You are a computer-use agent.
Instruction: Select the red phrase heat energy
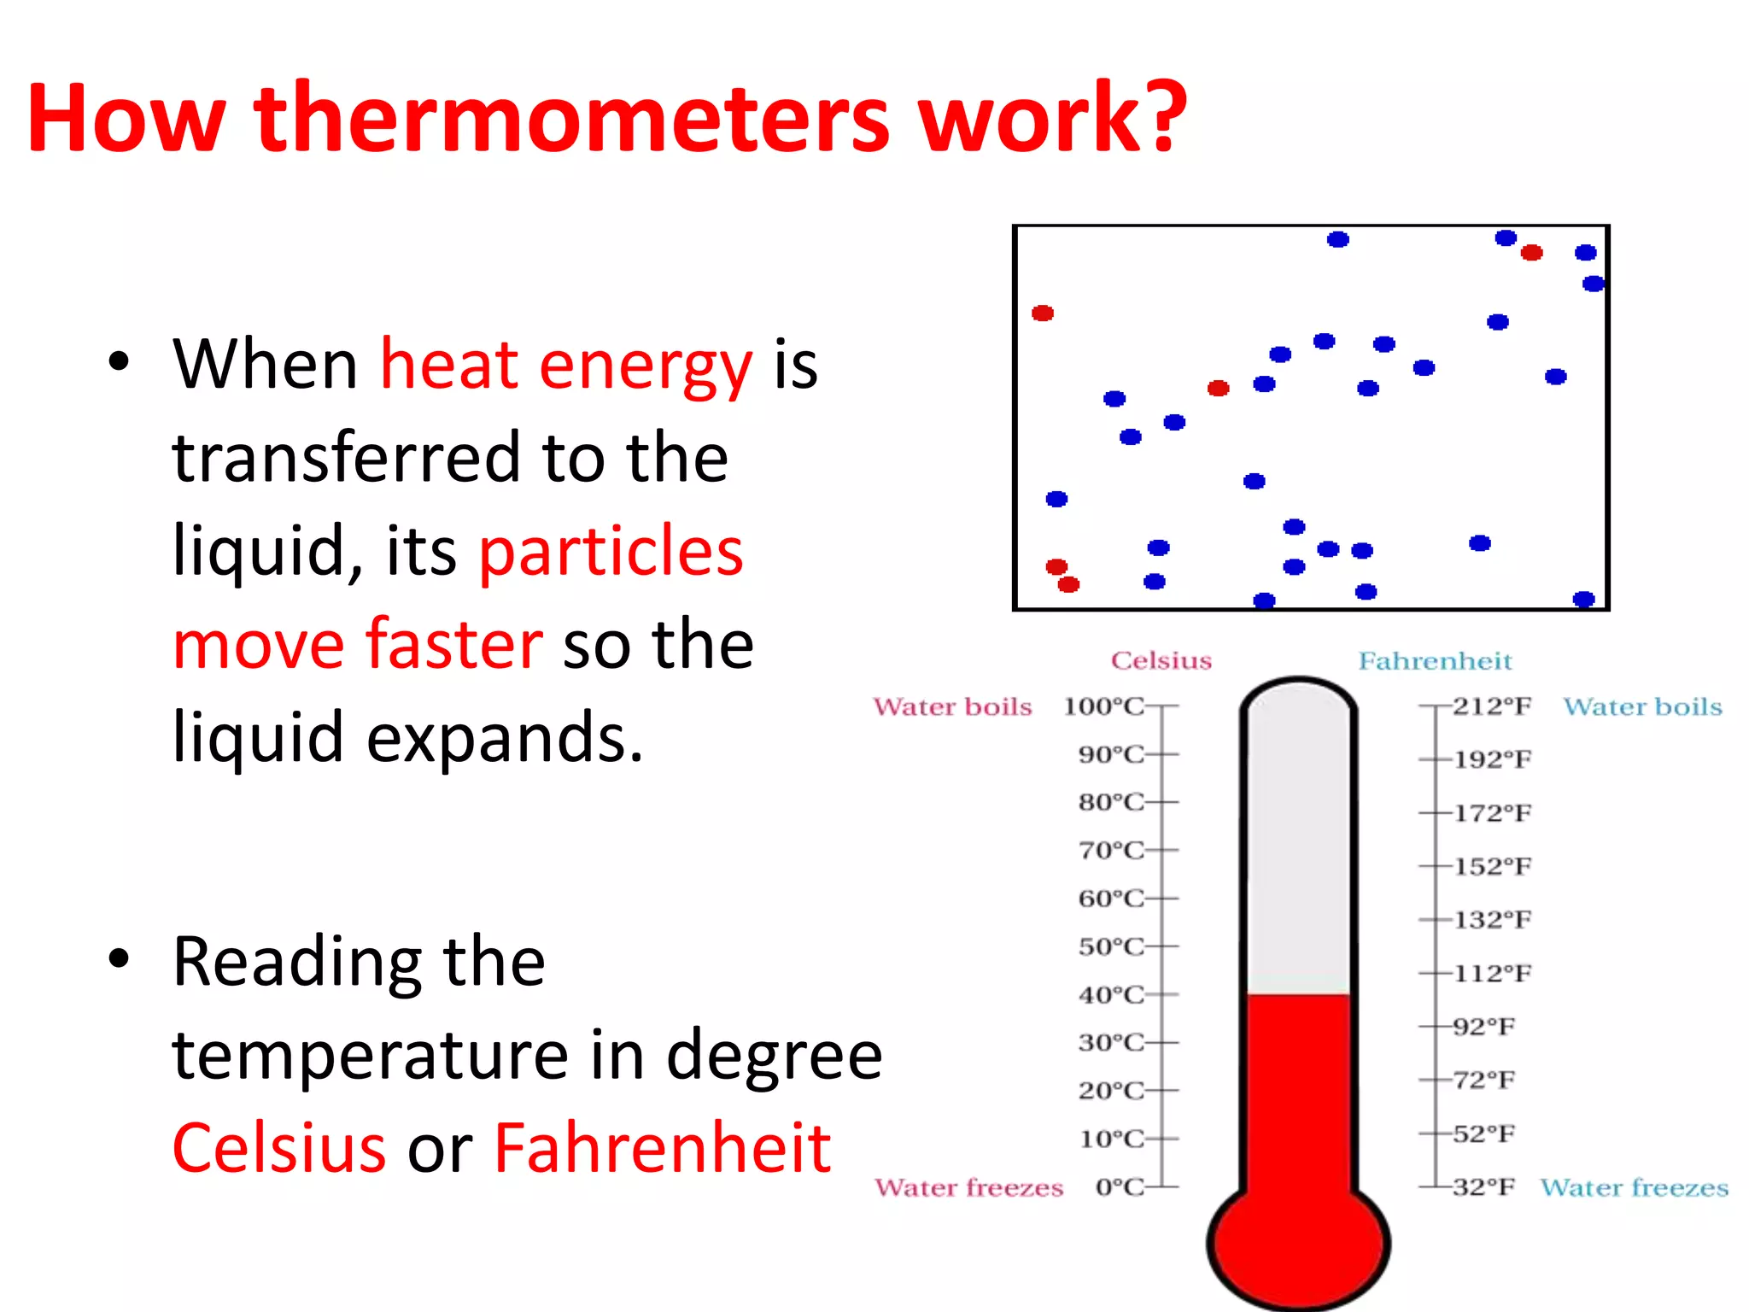click(x=565, y=366)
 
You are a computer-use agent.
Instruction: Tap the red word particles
click(x=611, y=552)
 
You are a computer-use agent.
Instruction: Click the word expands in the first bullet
click(x=504, y=738)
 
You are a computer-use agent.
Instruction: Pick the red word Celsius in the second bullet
click(x=279, y=1148)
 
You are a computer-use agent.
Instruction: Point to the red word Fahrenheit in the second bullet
click(x=663, y=1148)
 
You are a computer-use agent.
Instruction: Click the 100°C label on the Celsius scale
click(x=1103, y=706)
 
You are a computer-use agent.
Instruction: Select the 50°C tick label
click(x=1110, y=946)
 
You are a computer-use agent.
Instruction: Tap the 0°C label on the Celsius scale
click(x=1119, y=1187)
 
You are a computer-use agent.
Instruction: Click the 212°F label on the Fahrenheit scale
click(x=1492, y=706)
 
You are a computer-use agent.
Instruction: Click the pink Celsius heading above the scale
click(x=1161, y=660)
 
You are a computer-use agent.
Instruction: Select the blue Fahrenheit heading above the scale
click(x=1435, y=660)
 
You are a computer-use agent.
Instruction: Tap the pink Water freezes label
click(x=968, y=1187)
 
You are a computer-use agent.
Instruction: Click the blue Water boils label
click(x=1642, y=706)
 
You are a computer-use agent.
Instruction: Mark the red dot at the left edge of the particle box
click(x=1043, y=313)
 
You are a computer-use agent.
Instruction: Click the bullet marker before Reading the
click(x=120, y=959)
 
